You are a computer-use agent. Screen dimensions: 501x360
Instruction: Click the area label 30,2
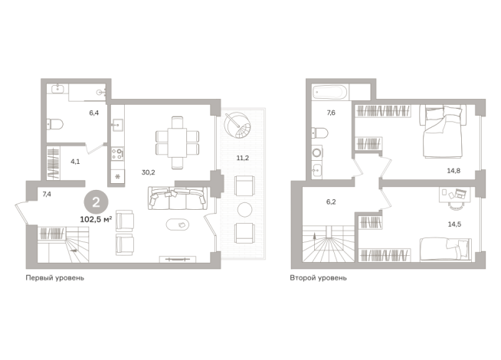[x=149, y=172]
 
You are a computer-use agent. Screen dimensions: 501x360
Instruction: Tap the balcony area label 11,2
[x=243, y=158]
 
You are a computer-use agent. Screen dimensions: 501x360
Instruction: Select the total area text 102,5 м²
[x=96, y=220]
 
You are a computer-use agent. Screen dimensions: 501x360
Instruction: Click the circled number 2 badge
[x=96, y=202]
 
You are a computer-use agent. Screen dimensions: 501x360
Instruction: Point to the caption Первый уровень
[x=55, y=278]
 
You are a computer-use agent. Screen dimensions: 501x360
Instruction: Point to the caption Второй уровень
[x=318, y=278]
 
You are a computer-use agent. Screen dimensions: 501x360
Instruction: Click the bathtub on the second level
[x=329, y=93]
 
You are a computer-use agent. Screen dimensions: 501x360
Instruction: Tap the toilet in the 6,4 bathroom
[x=55, y=124]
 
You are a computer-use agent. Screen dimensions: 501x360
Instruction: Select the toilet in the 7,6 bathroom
[x=319, y=133]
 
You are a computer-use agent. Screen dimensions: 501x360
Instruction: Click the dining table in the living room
[x=177, y=142]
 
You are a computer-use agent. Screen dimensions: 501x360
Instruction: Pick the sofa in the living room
[x=177, y=198]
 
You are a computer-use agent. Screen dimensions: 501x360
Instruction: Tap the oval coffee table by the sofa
[x=178, y=224]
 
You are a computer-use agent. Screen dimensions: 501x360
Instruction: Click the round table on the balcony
[x=244, y=210]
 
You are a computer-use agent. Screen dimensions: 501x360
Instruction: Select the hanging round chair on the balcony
[x=237, y=125]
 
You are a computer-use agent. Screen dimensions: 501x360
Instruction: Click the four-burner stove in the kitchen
[x=117, y=154]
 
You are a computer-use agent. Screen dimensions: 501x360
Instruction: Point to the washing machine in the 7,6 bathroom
[x=316, y=153]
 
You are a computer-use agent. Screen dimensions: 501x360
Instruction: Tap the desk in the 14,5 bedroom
[x=455, y=195]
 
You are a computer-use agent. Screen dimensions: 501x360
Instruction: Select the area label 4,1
[x=75, y=162]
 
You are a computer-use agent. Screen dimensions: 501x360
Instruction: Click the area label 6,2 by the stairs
[x=331, y=202]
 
